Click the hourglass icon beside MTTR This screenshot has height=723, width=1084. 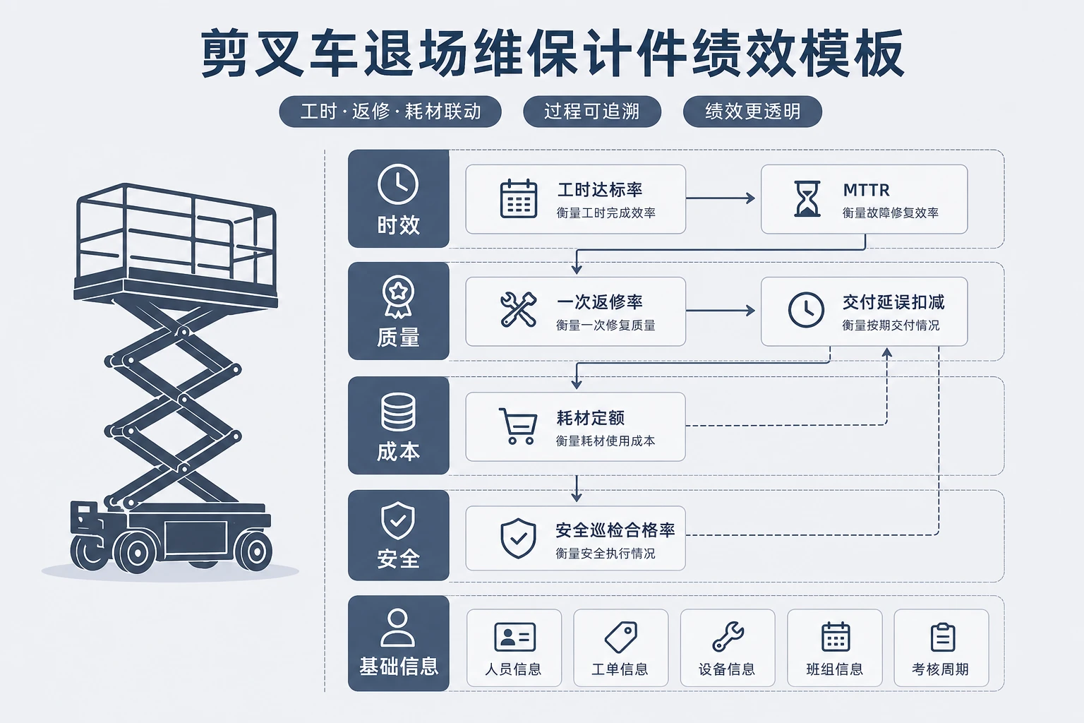[x=807, y=198]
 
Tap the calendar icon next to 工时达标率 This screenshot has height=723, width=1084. [x=518, y=198]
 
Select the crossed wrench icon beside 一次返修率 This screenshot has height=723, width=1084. [x=518, y=309]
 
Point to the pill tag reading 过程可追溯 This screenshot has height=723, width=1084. [x=592, y=112]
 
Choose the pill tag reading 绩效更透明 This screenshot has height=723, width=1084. [x=752, y=112]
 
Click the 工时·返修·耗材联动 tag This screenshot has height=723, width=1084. [x=390, y=112]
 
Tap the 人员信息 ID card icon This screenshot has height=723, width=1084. [x=514, y=637]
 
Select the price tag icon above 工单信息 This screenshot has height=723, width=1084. [x=621, y=637]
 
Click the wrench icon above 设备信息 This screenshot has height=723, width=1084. [x=728, y=636]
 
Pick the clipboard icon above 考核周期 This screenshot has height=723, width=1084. [x=942, y=637]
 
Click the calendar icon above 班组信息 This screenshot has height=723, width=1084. [x=836, y=637]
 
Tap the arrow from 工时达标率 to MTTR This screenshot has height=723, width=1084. [x=720, y=198]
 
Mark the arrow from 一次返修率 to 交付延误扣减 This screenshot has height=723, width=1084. [x=720, y=311]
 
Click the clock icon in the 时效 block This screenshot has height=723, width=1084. [x=398, y=184]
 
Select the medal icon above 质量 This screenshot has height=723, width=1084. [x=398, y=297]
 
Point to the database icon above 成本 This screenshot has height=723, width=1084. [x=398, y=412]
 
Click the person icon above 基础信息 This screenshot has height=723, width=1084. [x=398, y=628]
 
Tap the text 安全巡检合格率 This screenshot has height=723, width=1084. [x=615, y=530]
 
